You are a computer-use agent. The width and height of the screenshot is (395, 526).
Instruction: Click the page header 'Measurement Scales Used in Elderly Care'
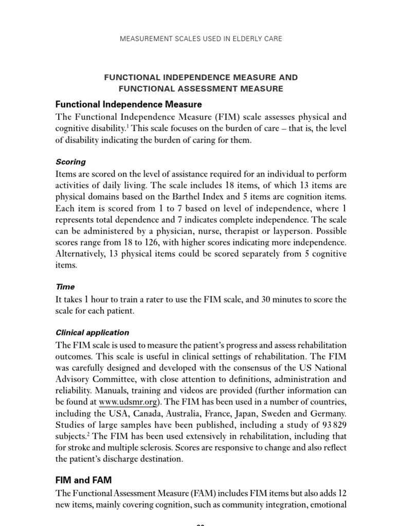[x=201, y=39]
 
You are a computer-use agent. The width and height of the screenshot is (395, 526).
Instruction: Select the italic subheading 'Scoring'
[x=70, y=162]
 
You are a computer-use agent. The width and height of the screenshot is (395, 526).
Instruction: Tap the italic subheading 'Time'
[x=65, y=287]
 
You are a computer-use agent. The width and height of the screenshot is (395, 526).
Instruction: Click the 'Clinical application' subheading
[x=92, y=332]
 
